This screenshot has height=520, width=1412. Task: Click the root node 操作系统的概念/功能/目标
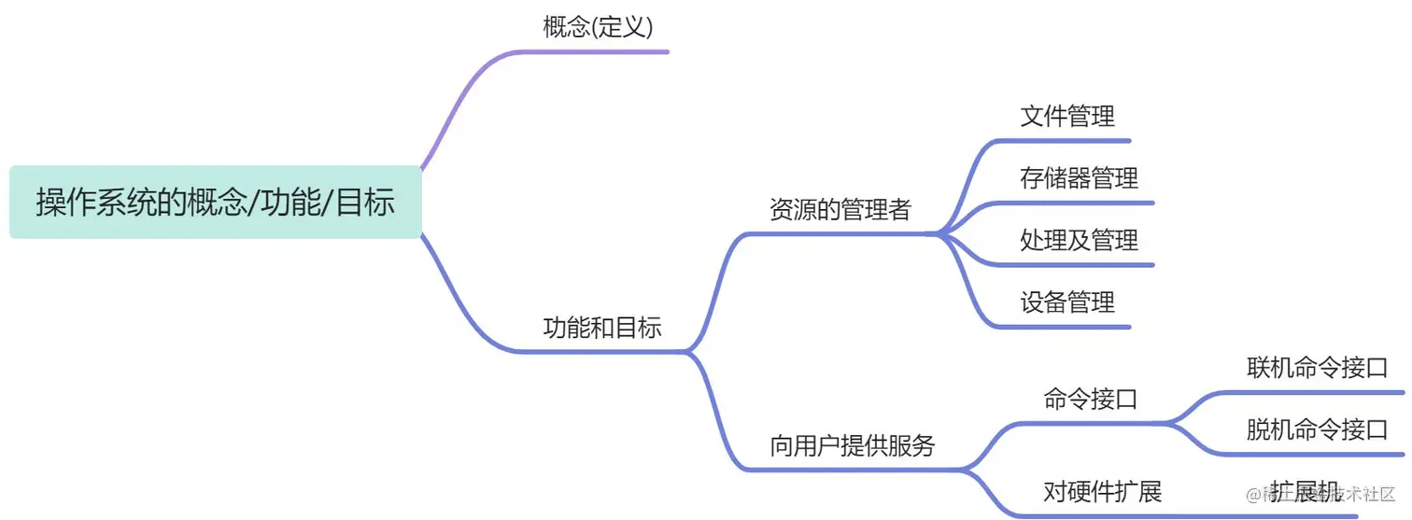coord(216,203)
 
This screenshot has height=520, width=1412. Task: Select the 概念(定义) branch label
coord(598,27)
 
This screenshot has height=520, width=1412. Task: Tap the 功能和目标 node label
coord(602,328)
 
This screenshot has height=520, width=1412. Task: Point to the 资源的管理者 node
coord(840,209)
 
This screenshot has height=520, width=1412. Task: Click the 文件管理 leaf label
coord(1067,117)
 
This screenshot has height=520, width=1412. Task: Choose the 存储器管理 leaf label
coord(1079,177)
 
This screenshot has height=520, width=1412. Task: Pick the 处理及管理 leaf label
coord(1079,240)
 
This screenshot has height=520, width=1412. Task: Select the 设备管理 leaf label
coord(1067,302)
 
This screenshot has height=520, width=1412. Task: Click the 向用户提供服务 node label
coord(852,445)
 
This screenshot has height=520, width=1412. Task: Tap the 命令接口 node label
coord(1090,400)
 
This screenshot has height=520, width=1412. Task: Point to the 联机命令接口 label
coord(1317,367)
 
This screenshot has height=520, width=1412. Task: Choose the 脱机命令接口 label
coord(1317,429)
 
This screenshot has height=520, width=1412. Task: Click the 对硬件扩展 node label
coord(1102,491)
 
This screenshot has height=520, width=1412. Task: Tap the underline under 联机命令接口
coord(1317,392)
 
